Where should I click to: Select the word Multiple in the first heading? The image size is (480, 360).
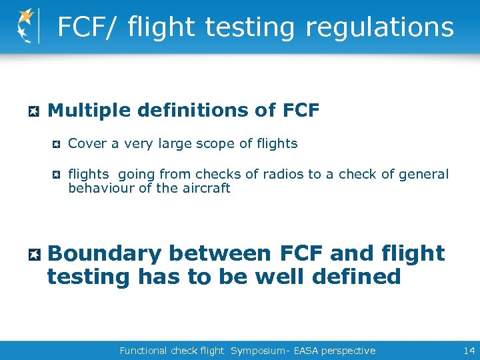[x=84, y=110]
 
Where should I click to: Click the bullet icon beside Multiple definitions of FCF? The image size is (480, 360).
[x=34, y=111]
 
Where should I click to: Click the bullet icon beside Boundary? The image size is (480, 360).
[x=35, y=254]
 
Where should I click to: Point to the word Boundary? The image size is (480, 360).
[x=105, y=253]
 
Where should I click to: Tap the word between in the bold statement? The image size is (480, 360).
[x=219, y=253]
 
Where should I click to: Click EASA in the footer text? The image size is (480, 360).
[x=297, y=351]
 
